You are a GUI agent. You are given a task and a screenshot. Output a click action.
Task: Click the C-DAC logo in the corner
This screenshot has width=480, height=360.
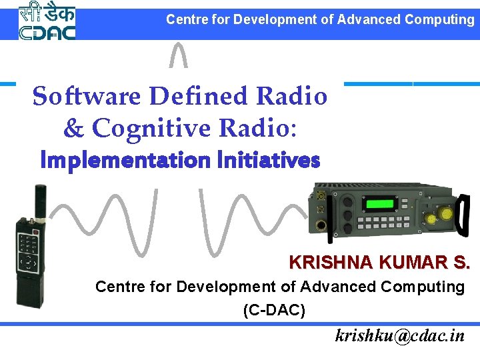(47, 21)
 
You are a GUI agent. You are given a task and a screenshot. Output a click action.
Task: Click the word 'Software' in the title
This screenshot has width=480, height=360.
(87, 97)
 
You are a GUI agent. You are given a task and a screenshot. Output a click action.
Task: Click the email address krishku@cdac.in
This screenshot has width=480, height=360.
(400, 335)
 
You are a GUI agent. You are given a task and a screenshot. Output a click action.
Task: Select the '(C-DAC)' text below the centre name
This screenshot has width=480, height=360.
(274, 310)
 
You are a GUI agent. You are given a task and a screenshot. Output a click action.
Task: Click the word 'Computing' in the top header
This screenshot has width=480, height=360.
(439, 19)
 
